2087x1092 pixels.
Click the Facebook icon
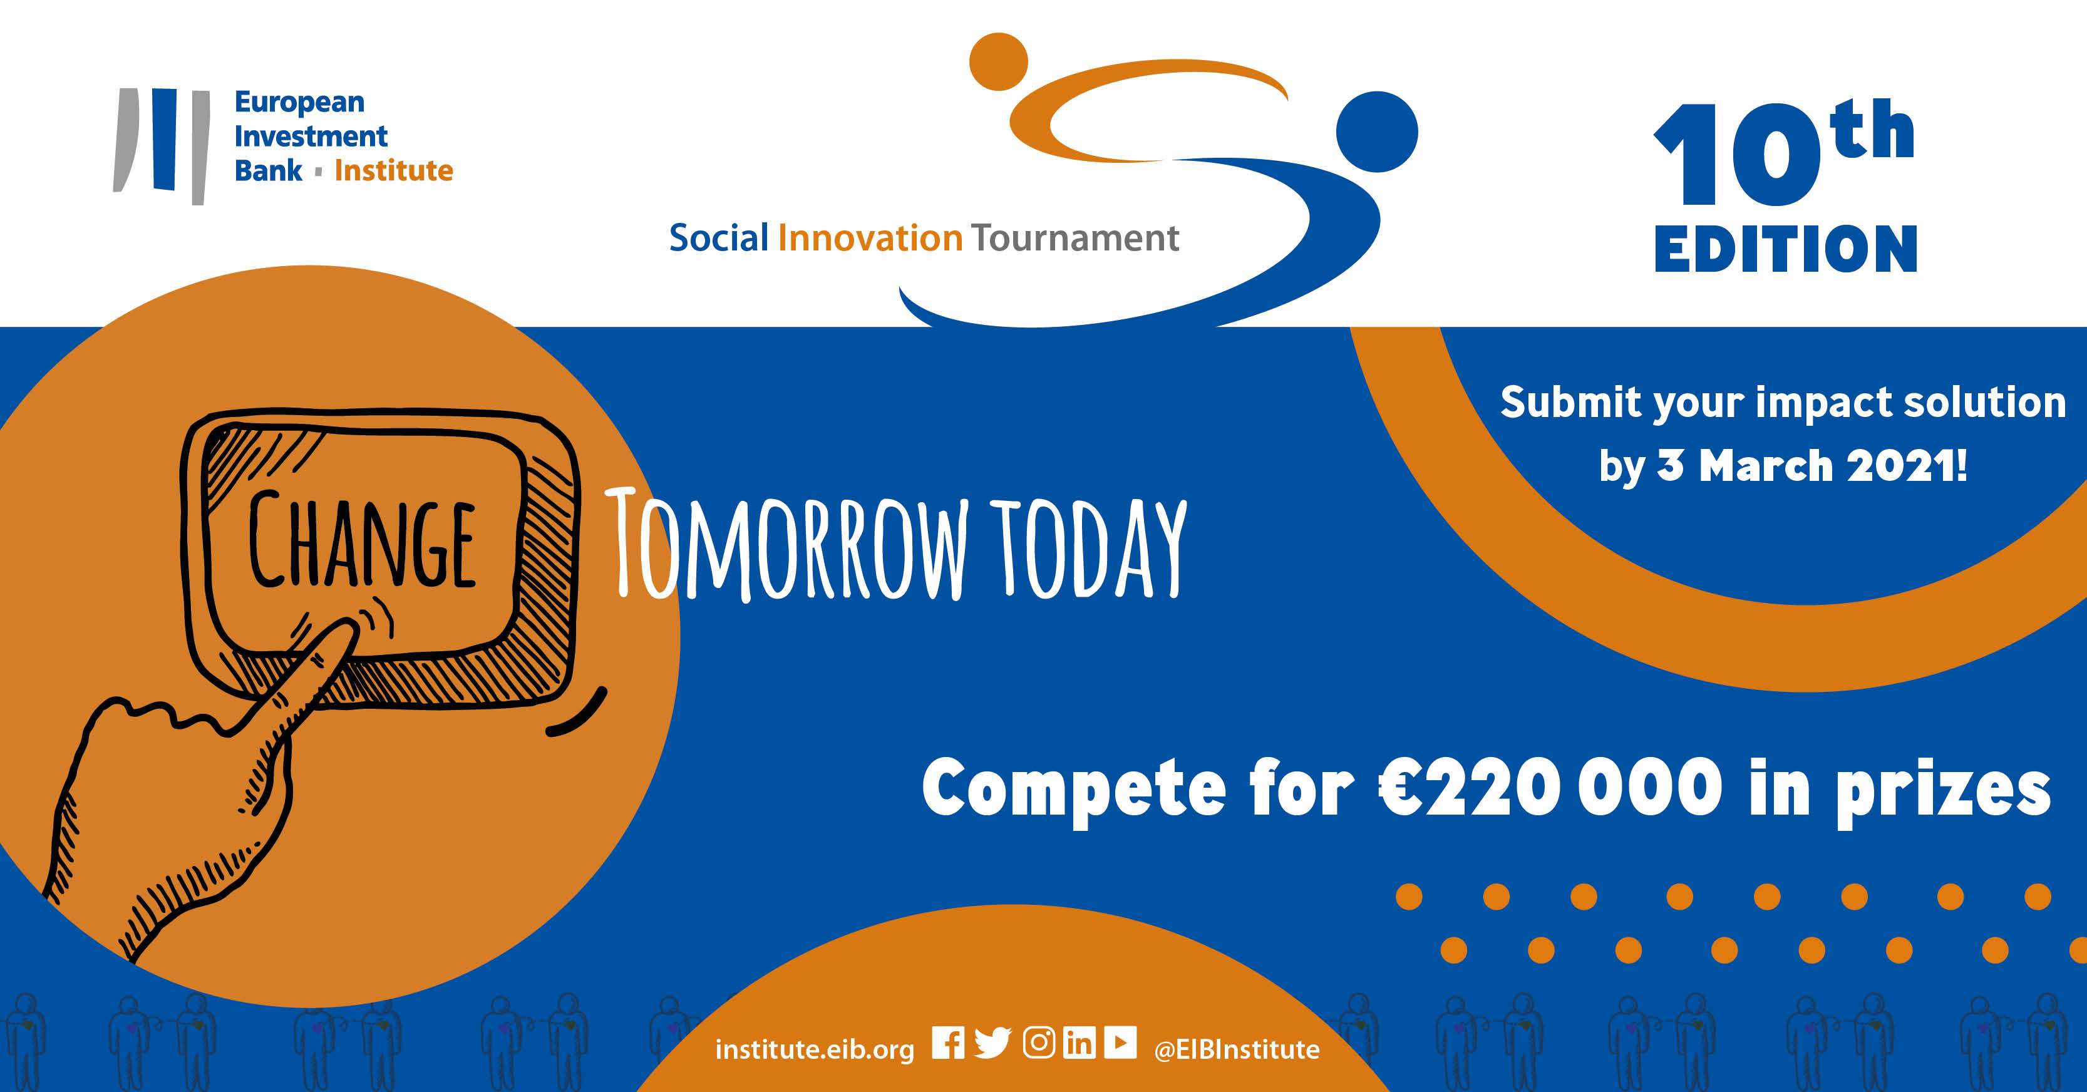tap(948, 1043)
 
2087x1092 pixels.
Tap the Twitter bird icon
tap(992, 1043)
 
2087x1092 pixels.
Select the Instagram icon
tap(1039, 1043)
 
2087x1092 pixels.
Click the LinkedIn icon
tap(1079, 1043)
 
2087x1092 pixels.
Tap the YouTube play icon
tap(1120, 1043)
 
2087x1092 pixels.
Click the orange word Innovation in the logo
tap(870, 238)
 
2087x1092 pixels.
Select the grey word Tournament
tap(1075, 238)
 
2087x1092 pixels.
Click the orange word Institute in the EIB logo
tap(394, 171)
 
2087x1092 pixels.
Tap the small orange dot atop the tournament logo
tap(999, 61)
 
